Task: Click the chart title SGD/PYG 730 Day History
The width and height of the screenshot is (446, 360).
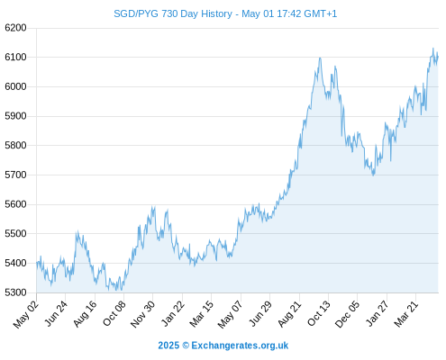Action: [173, 13]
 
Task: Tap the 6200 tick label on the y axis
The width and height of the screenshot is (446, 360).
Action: [15, 28]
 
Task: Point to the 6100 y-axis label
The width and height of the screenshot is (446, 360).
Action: [15, 57]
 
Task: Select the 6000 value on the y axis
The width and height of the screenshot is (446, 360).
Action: [15, 86]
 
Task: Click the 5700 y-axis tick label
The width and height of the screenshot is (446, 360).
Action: [15, 175]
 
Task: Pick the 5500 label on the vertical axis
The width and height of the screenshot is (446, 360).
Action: [15, 234]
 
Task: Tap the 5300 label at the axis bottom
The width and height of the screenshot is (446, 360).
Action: [15, 292]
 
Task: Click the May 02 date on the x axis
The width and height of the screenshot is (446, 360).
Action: [26, 314]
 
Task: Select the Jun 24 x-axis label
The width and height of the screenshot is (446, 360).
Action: [56, 313]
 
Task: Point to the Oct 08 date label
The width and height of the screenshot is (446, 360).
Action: [114, 313]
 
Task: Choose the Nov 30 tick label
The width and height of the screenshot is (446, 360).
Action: [143, 314]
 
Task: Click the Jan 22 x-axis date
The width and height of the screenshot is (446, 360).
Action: [173, 313]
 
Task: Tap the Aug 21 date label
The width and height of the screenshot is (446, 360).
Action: [290, 314]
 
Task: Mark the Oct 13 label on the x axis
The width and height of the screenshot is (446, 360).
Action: [319, 313]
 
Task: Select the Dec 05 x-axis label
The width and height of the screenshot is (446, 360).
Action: [347, 314]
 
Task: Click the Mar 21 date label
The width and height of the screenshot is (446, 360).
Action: [406, 313]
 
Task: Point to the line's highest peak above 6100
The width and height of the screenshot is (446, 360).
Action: [433, 48]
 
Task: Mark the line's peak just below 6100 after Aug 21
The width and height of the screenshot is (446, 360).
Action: [320, 58]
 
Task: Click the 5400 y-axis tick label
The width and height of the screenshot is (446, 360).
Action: [15, 263]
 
